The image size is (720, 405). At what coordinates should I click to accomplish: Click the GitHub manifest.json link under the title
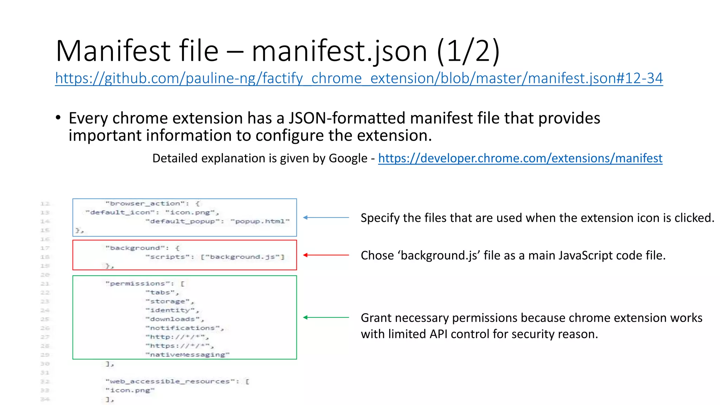(x=359, y=78)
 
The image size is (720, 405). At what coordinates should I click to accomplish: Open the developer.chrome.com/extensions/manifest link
(x=520, y=158)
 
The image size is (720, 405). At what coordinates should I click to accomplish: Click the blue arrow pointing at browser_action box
(x=326, y=218)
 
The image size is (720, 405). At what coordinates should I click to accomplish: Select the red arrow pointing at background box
(x=326, y=255)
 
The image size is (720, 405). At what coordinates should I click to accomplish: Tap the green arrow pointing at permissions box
(x=326, y=317)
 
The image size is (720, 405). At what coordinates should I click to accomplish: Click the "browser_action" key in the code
(x=147, y=204)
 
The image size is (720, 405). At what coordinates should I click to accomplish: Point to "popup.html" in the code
(x=260, y=221)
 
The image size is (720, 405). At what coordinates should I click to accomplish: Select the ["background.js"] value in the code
(x=242, y=257)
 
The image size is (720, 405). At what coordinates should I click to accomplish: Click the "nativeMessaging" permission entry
(x=187, y=355)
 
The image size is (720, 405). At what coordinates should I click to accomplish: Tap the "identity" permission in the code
(x=172, y=310)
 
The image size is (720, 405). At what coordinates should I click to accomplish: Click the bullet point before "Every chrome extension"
(x=58, y=118)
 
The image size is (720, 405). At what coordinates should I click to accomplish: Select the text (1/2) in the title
(x=468, y=51)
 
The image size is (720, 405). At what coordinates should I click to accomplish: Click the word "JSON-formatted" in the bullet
(x=348, y=118)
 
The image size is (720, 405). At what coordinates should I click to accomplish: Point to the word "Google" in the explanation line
(x=348, y=159)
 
